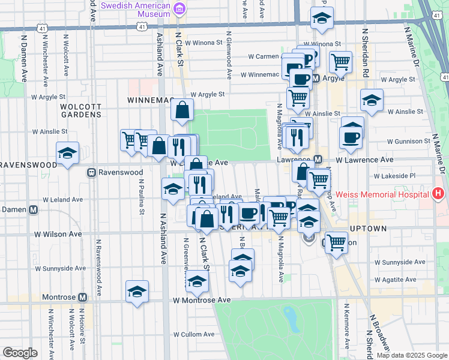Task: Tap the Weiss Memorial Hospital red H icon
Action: pos(438,194)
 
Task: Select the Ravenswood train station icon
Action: pos(92,172)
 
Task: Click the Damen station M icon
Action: pos(33,209)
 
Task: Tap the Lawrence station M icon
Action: pos(318,160)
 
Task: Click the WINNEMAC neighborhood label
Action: pos(149,100)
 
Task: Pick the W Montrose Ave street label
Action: pos(202,300)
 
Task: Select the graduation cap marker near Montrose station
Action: pos(137,292)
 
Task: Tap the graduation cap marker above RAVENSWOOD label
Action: pos(67,152)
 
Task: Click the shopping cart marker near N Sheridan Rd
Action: pos(340,61)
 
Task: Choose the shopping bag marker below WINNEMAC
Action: pos(181,110)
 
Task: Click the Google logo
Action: pos(20,353)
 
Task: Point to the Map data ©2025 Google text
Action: pos(411,355)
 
